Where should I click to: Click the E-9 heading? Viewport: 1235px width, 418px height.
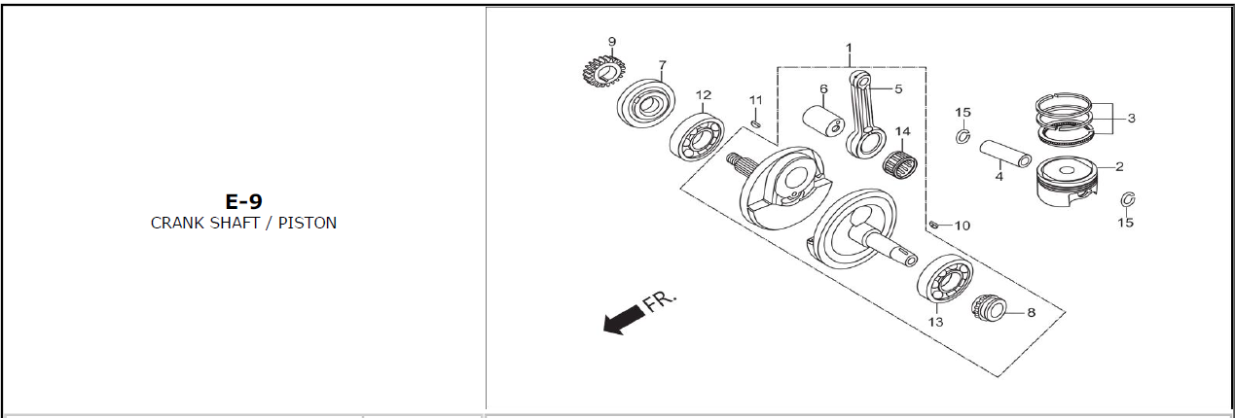pos(243,201)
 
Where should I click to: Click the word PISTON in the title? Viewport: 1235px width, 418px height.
pos(308,223)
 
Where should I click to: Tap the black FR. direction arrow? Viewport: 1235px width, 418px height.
pos(624,322)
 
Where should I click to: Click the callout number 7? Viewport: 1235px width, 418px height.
pos(662,65)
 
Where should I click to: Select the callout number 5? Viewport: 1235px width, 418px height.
pos(898,88)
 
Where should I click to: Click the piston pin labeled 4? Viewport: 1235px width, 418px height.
pos(1005,155)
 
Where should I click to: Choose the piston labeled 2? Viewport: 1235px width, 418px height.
pos(1068,183)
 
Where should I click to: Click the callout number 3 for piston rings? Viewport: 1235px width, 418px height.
pos(1131,118)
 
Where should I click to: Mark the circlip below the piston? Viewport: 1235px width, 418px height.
pos(1128,199)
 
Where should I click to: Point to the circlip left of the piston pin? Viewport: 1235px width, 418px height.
pos(963,136)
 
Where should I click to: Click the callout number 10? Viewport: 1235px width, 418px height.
pos(963,226)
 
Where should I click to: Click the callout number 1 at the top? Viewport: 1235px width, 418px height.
pos(849,48)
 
